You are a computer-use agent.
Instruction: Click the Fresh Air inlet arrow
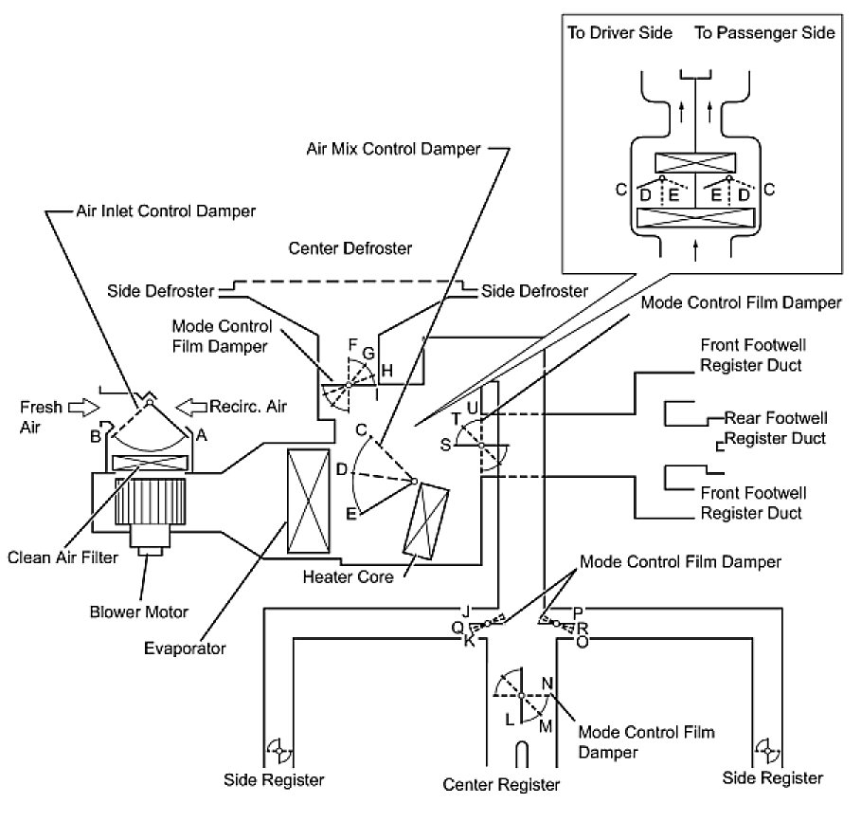pyautogui.click(x=84, y=408)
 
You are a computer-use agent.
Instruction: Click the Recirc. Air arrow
pyautogui.click(x=191, y=407)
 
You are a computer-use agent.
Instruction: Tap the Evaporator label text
pyautogui.click(x=185, y=648)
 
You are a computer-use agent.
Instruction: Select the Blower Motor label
pyautogui.click(x=139, y=612)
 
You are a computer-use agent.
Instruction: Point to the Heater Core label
pyautogui.click(x=349, y=577)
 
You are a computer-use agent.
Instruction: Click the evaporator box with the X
pyautogui.click(x=309, y=502)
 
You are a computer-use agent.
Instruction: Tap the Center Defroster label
pyautogui.click(x=350, y=248)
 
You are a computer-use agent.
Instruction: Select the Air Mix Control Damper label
pyautogui.click(x=393, y=149)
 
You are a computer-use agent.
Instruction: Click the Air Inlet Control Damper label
pyautogui.click(x=166, y=211)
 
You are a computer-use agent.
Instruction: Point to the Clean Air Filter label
pyautogui.click(x=63, y=557)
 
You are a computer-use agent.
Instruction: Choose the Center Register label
pyautogui.click(x=501, y=785)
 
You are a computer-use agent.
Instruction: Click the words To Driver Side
pyautogui.click(x=620, y=33)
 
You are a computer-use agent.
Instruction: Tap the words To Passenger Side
pyautogui.click(x=764, y=33)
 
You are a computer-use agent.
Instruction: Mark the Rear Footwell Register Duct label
pyautogui.click(x=776, y=428)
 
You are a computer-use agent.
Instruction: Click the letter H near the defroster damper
pyautogui.click(x=386, y=371)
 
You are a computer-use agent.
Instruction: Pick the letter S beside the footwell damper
pyautogui.click(x=445, y=445)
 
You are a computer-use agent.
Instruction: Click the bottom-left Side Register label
pyautogui.click(x=274, y=780)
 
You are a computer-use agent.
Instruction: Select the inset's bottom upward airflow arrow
pyautogui.click(x=696, y=250)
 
